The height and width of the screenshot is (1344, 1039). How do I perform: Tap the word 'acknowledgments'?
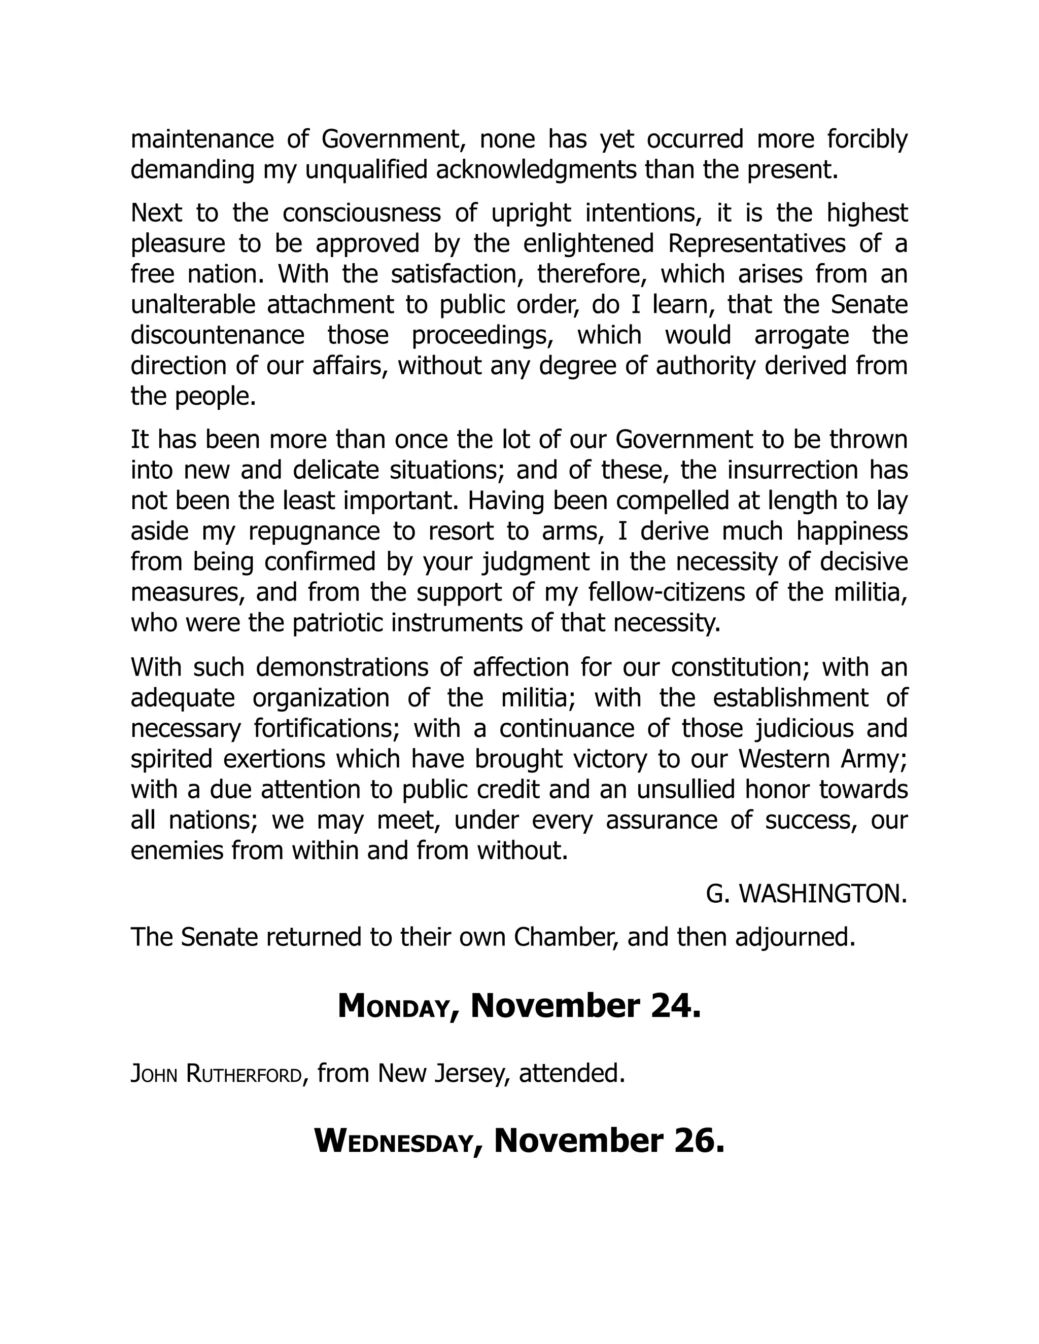(536, 170)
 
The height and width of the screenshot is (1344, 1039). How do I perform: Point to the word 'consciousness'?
(361, 213)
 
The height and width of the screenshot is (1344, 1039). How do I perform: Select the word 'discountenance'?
(217, 335)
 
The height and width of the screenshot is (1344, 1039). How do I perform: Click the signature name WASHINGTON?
(822, 895)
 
